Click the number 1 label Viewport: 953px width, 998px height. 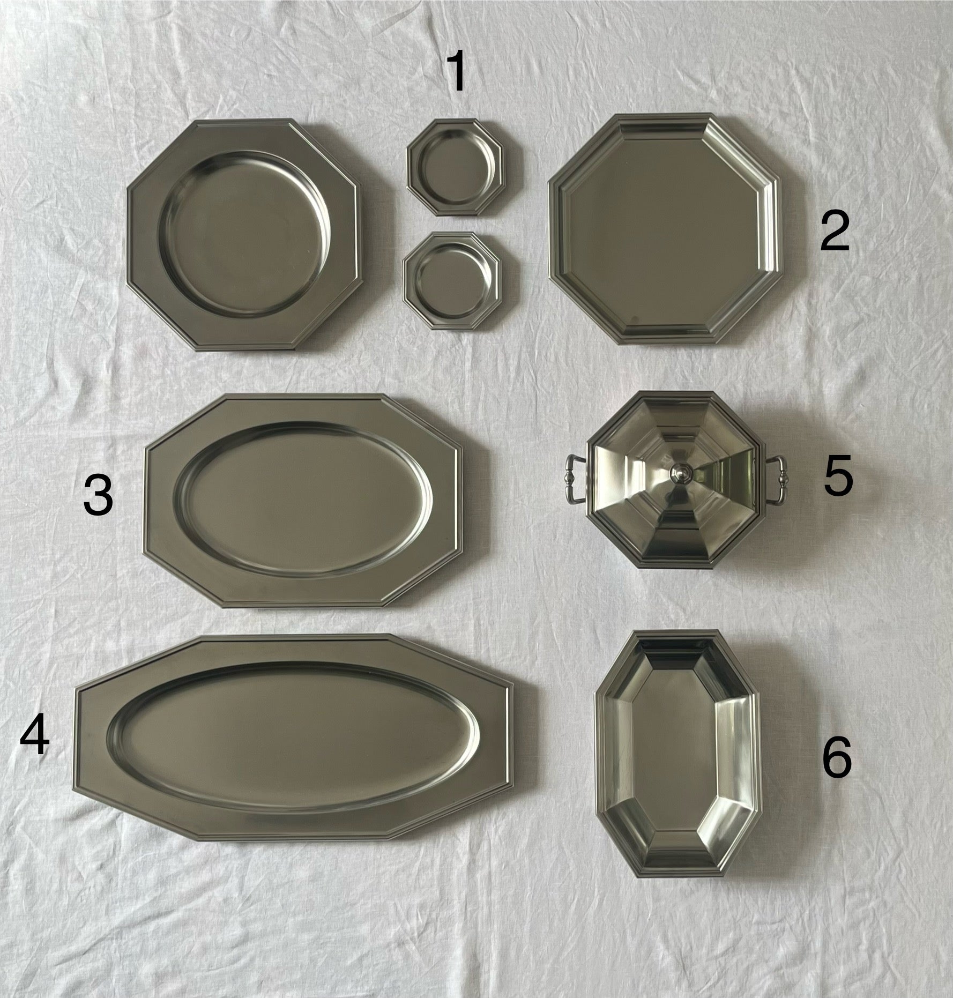click(x=457, y=72)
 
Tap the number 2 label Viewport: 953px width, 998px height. click(x=835, y=230)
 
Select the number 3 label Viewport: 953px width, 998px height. click(x=99, y=496)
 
